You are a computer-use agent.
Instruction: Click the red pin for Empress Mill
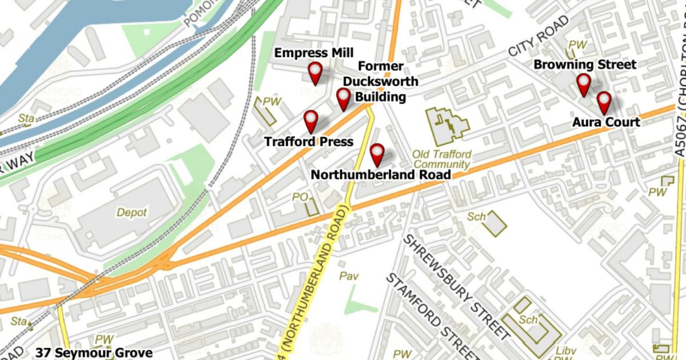(x=314, y=73)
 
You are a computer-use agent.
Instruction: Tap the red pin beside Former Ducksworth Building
(x=343, y=98)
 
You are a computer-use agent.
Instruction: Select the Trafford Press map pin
(x=310, y=121)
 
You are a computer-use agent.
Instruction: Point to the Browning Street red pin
(x=583, y=83)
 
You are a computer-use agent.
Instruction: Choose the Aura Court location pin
(x=604, y=102)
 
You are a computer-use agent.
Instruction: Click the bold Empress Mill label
(x=314, y=53)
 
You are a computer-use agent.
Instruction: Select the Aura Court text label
(x=606, y=122)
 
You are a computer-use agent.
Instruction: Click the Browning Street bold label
(x=577, y=65)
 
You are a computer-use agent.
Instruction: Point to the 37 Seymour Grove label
(x=94, y=353)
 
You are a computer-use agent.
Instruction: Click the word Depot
(x=131, y=213)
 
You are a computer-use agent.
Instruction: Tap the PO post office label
(x=300, y=197)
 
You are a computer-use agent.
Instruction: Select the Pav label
(x=349, y=276)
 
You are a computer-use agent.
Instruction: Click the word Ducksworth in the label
(x=380, y=82)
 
